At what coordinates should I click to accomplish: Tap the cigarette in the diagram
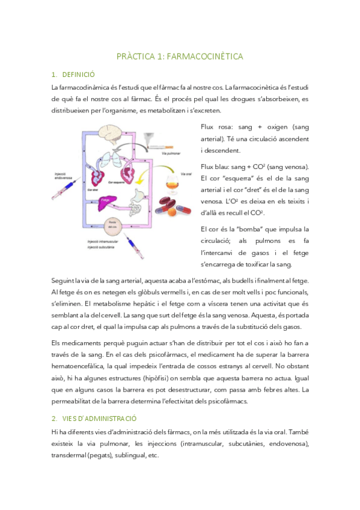(162, 146)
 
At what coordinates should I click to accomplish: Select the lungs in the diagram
(112, 159)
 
